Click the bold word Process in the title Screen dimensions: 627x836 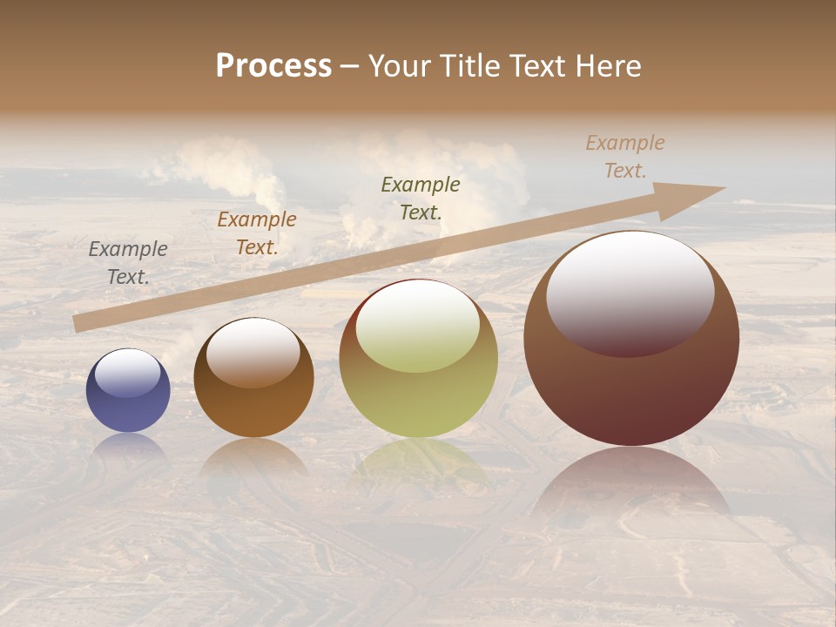point(273,66)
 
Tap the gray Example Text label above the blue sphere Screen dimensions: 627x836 point(128,262)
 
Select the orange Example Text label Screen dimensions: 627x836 point(256,233)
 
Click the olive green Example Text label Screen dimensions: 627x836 point(420,198)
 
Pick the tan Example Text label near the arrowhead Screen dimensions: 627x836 point(624,156)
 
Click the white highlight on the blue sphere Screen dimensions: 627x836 point(128,373)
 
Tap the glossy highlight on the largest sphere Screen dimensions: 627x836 point(630,292)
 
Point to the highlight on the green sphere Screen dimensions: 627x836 point(418,327)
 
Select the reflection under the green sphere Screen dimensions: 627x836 point(418,462)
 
